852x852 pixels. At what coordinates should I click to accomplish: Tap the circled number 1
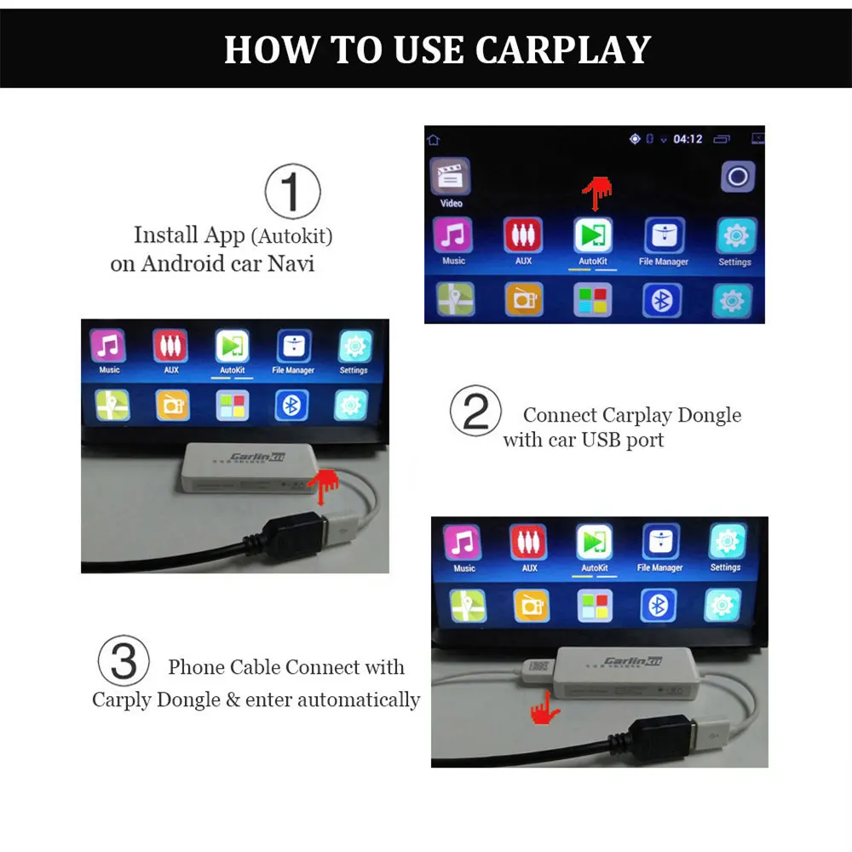292,192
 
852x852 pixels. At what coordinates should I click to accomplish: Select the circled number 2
475,412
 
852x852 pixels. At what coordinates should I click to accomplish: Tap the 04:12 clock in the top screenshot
688,139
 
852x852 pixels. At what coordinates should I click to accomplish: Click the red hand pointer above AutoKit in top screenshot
597,193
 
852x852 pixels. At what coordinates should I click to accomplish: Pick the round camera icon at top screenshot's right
737,177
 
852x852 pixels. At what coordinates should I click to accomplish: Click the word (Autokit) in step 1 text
292,235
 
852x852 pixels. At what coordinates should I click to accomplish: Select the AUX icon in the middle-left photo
170,345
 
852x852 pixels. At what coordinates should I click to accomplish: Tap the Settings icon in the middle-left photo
354,345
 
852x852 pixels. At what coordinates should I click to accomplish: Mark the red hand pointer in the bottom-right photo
540,706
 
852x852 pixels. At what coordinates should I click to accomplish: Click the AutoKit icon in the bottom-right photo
594,542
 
